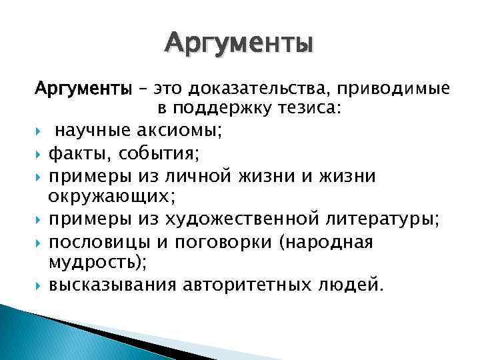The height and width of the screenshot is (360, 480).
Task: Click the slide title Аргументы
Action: coord(239,44)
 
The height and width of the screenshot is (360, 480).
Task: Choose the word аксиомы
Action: coord(172,131)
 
